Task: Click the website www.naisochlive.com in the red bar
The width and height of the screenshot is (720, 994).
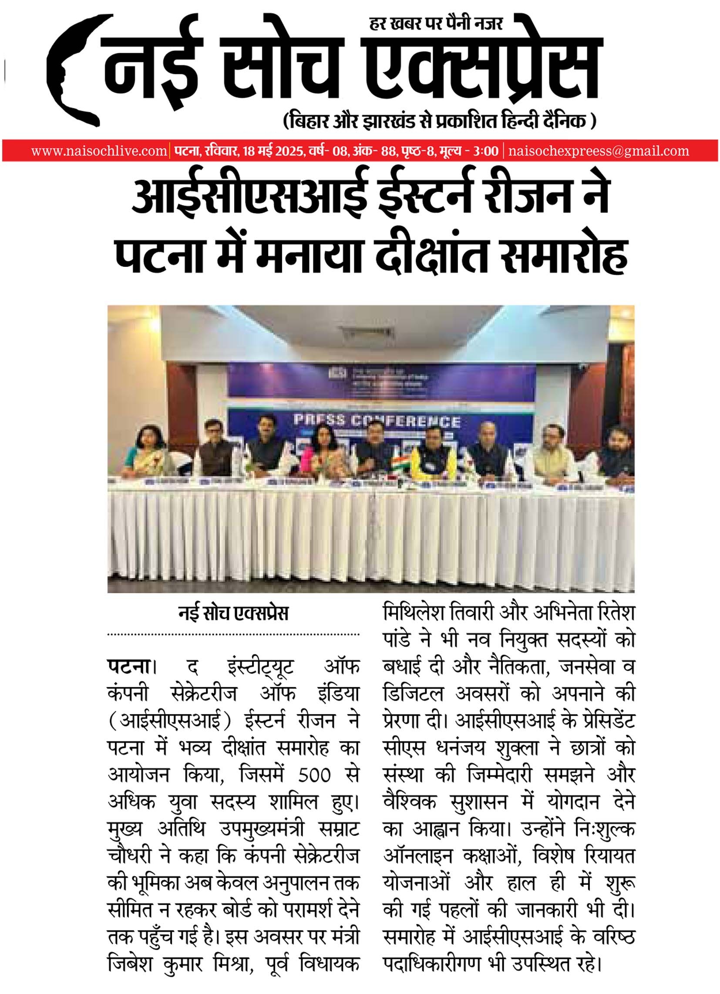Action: click(99, 151)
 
